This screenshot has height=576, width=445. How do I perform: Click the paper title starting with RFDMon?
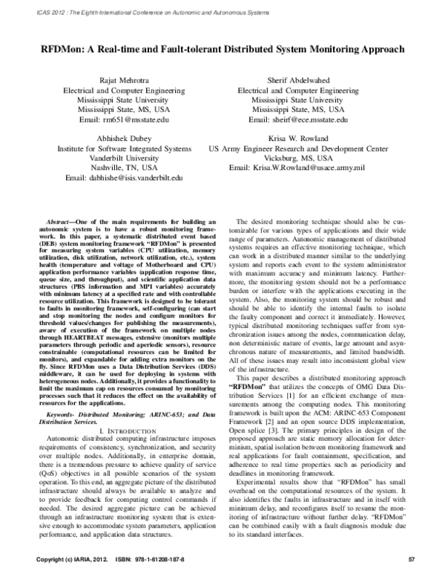pyautogui.click(x=222, y=50)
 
